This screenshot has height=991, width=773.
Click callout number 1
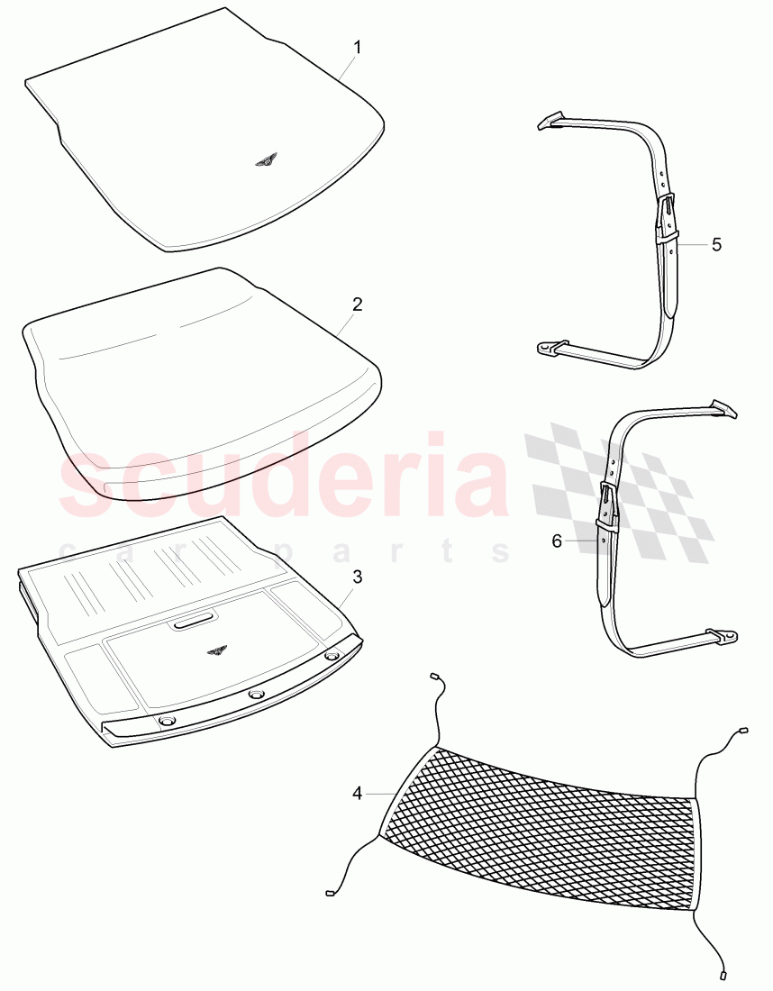[357, 48]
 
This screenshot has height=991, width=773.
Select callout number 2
[357, 305]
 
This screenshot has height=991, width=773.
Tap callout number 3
[357, 577]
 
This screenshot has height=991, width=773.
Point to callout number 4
[358, 794]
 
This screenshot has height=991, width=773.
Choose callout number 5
[716, 244]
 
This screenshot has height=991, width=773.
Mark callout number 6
[557, 541]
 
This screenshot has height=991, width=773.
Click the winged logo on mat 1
[266, 160]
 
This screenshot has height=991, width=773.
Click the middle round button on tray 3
[257, 695]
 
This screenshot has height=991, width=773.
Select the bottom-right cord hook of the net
[723, 974]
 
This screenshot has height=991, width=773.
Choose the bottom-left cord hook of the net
[330, 894]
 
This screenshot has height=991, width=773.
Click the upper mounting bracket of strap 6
[723, 409]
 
